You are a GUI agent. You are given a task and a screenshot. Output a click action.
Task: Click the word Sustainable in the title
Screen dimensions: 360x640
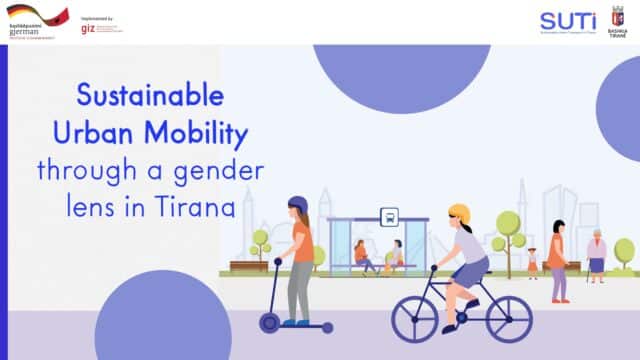(152, 97)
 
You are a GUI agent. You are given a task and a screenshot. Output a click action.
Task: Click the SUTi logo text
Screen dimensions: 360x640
(567, 20)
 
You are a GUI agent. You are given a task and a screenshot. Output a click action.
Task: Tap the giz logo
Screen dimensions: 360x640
(88, 28)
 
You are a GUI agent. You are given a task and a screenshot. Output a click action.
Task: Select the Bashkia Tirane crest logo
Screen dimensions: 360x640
(618, 17)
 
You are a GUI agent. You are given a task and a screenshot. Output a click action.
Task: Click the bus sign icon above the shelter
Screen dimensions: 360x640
(389, 216)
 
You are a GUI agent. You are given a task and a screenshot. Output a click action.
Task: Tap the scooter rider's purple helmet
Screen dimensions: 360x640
(297, 205)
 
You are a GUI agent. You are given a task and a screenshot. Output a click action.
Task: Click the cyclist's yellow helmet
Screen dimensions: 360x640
(459, 213)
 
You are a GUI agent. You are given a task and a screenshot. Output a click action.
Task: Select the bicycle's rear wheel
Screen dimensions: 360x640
(415, 318)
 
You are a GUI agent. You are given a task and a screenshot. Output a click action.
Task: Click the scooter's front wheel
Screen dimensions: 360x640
(269, 322)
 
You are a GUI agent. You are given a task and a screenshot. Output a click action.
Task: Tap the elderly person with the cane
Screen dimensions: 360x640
(596, 256)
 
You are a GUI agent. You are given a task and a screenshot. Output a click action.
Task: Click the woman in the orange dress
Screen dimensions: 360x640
(557, 258)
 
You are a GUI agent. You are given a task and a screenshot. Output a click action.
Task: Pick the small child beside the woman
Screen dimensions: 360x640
(532, 263)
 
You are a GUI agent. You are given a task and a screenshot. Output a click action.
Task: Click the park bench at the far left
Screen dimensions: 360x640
(248, 266)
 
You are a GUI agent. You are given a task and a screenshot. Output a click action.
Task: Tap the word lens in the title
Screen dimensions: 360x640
(99, 207)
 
